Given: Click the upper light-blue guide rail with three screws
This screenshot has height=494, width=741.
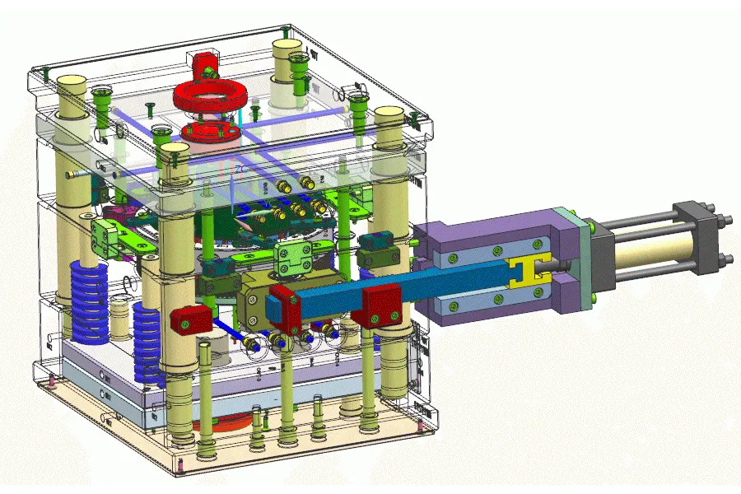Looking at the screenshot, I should point(494,252).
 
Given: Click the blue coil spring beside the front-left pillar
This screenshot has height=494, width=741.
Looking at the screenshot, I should point(148,338).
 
